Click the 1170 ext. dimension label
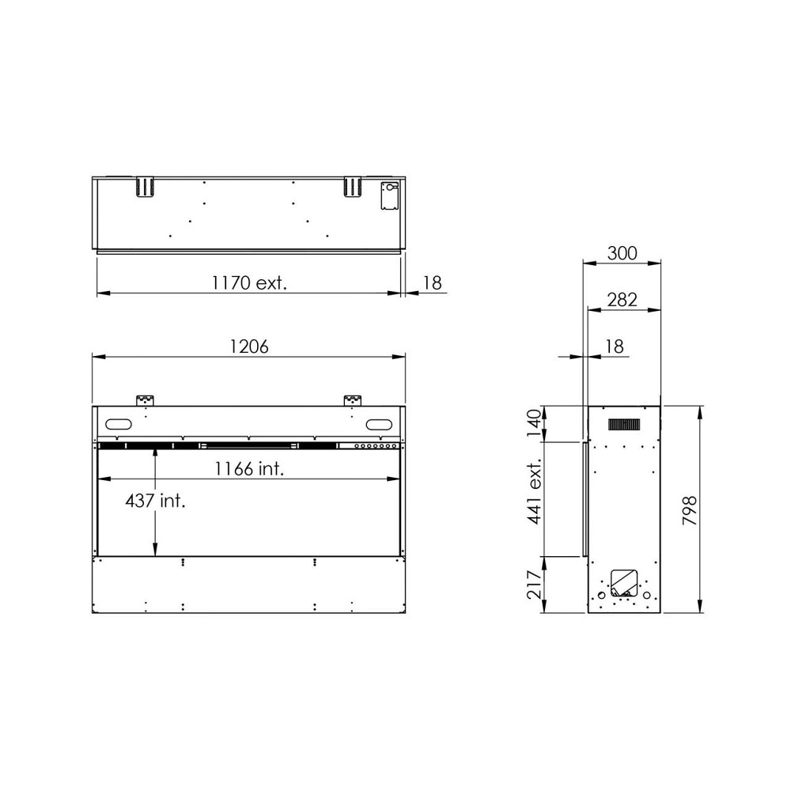248,282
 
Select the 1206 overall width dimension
249,346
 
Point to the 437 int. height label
155,501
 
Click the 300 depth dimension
622,253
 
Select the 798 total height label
689,510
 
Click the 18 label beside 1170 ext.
433,282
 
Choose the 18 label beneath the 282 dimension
614,346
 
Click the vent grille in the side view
623,425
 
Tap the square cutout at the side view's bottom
624,582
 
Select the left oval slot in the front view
118,424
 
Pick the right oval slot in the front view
379,424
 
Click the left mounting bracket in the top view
143,187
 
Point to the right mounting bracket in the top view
353,187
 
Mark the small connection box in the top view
389,196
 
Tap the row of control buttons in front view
376,447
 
